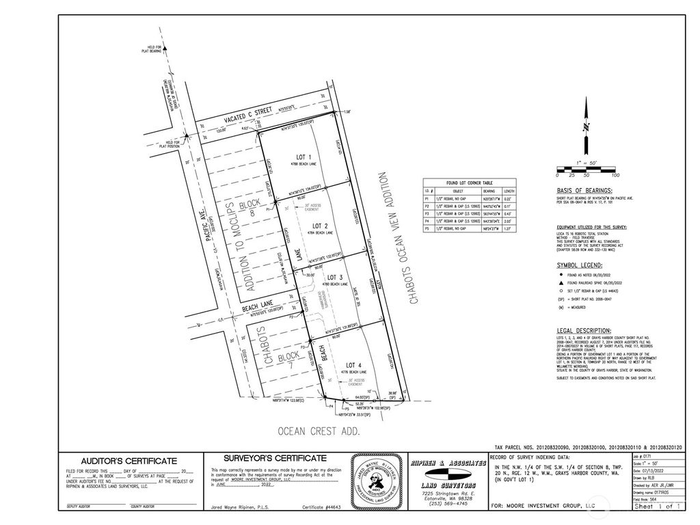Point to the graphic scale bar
coord(586,168)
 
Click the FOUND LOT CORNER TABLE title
coord(469,183)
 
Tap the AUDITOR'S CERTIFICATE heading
coord(130,461)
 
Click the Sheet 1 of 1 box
coord(659,507)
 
